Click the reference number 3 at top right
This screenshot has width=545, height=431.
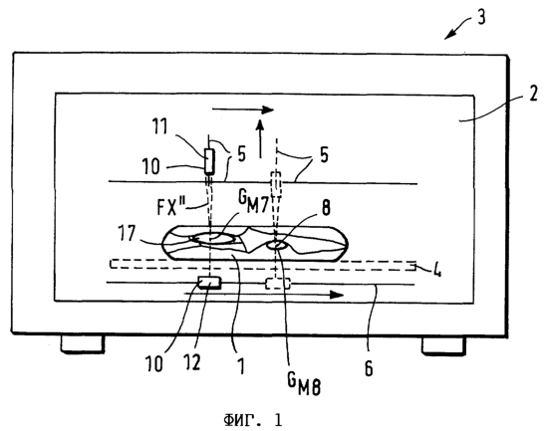coord(481,17)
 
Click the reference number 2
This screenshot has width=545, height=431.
coord(533,93)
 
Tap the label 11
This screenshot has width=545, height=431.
coord(159,126)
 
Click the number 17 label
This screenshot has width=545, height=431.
coord(127,233)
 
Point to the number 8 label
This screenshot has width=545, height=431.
coord(326,208)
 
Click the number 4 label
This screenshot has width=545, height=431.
coord(436,269)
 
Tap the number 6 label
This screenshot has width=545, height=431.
coord(369,367)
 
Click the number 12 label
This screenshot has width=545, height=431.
coord(193,363)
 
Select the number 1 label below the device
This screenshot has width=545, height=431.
coord(241,365)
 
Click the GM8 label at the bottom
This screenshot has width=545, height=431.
coord(304,383)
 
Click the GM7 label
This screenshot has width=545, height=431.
coord(253,202)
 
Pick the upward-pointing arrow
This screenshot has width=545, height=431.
coord(260,138)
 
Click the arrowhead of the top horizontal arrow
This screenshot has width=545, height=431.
coord(268,109)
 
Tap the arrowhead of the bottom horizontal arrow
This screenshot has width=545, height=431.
coord(337,295)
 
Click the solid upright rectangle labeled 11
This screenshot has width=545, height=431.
coord(209,161)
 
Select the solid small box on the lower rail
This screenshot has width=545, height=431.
coord(209,283)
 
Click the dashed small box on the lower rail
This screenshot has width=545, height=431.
coord(278,284)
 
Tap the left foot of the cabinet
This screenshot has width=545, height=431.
coord(83,343)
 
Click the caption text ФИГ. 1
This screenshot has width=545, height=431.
coord(253,420)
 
